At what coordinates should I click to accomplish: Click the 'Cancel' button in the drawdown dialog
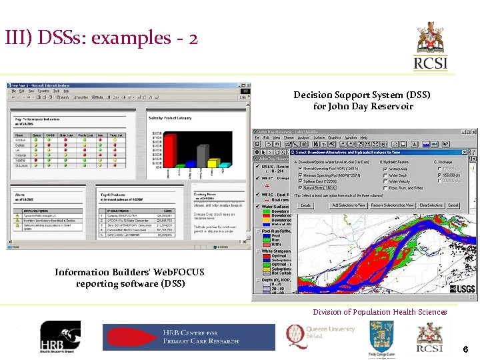(x=453, y=205)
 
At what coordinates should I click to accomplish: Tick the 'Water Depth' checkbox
(x=385, y=175)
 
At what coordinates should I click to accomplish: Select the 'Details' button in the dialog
(x=305, y=205)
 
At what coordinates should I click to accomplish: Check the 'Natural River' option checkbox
(x=301, y=188)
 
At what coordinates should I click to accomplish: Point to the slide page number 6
(x=465, y=349)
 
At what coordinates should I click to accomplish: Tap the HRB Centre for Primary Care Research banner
(x=188, y=337)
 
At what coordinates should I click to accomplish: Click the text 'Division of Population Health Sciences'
(x=380, y=312)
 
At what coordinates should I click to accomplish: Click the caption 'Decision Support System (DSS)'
(x=362, y=95)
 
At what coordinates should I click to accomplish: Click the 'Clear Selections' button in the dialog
(x=431, y=205)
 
